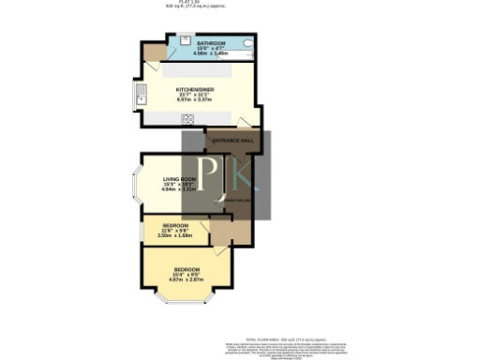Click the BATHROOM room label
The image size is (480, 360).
click(x=211, y=43)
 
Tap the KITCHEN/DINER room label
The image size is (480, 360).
click(x=196, y=89)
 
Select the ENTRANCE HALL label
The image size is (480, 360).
click(x=232, y=141)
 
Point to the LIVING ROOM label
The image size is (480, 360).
click(x=179, y=179)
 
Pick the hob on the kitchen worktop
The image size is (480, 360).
click(x=187, y=119)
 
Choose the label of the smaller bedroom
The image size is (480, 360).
click(x=174, y=225)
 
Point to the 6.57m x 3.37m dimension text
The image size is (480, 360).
click(x=196, y=100)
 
